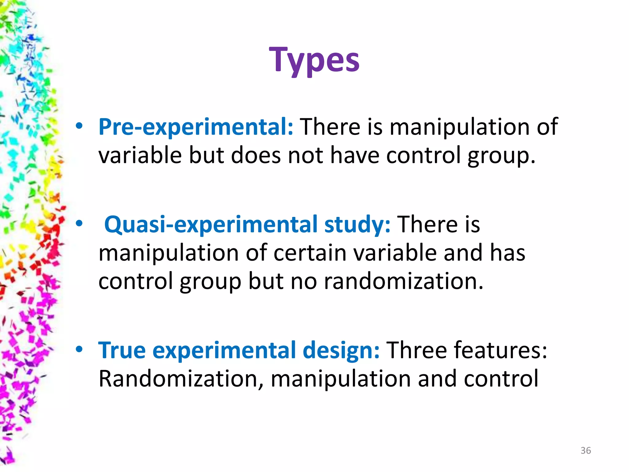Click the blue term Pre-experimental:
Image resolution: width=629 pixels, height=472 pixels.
coord(196,127)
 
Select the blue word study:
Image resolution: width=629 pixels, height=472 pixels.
coord(357,224)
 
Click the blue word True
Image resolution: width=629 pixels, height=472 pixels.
coord(122,350)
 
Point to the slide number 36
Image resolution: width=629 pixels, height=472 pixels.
coord(586,450)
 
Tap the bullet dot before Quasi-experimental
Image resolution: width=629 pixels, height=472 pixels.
coord(79,224)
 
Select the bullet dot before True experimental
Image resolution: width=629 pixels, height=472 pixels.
coord(79,349)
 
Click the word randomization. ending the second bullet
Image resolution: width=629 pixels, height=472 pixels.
coord(404,281)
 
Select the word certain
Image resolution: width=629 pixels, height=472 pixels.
coord(310,253)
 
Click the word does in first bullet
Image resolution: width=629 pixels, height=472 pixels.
coord(256,155)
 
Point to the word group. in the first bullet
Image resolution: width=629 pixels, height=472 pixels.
coord(502,155)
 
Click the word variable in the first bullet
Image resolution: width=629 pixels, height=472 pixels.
coord(140,155)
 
